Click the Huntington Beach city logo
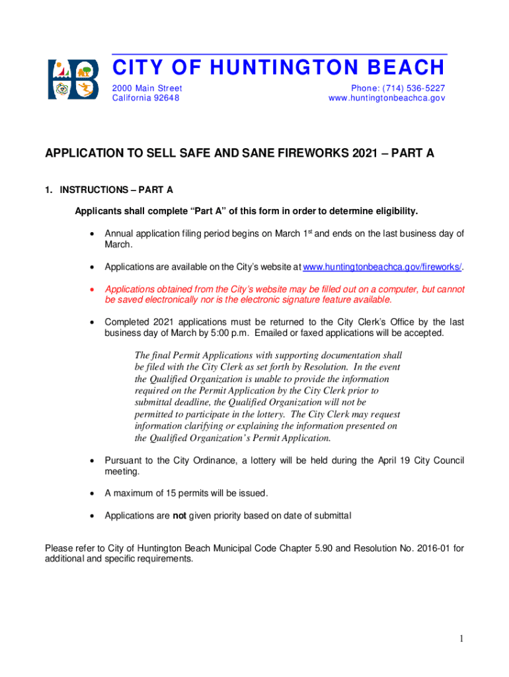point(73,79)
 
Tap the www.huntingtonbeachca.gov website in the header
point(387,98)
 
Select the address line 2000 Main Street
point(147,88)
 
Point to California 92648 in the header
point(145,98)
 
